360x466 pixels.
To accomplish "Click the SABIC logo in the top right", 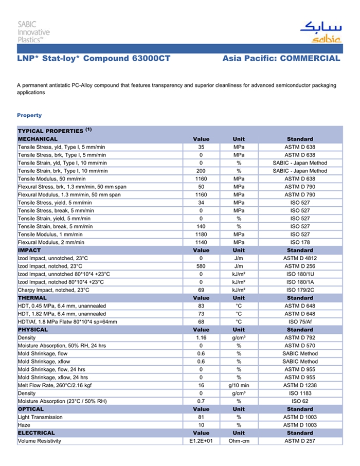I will pos(320,32).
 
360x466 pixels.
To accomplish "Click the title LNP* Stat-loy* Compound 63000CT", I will pos(94,59).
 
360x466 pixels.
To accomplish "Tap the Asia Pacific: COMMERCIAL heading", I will pos(281,59).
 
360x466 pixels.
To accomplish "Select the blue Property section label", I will pos(29,115).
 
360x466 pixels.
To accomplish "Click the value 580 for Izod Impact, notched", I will pos(201,266).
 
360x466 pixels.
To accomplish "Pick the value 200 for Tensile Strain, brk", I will pos(201,171).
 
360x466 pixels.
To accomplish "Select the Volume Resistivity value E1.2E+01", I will pos(201,441).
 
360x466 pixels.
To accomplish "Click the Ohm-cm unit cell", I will pos(239,441).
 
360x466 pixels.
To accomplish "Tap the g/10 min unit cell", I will pos(239,385).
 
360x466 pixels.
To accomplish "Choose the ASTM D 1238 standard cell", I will pos(300,385).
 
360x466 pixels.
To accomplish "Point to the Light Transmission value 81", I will pos(201,417).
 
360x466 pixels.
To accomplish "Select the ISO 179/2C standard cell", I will pos(300,290).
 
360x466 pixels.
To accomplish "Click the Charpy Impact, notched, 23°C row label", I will pos(53,290).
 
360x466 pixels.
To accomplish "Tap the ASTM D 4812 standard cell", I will pos(300,258).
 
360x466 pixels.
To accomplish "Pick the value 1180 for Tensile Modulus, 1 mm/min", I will pos(201,234).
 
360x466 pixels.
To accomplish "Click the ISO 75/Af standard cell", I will pos(300,321).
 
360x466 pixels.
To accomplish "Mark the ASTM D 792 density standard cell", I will pos(300,337).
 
